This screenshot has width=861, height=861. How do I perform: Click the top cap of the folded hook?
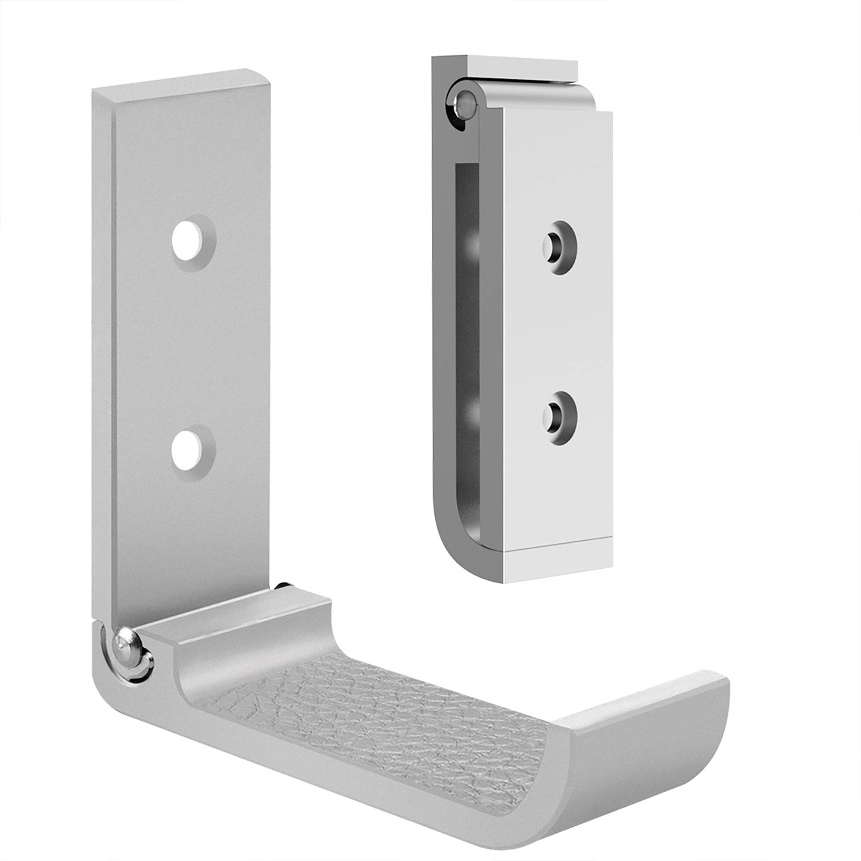521,65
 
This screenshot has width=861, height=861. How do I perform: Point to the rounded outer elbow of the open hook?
105,695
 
